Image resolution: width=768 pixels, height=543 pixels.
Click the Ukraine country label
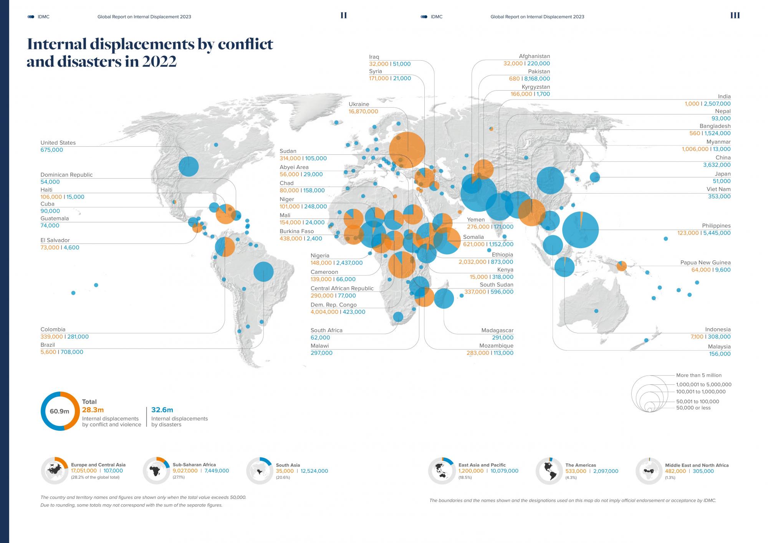[359, 104]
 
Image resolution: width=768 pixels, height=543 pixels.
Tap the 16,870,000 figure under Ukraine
[363, 111]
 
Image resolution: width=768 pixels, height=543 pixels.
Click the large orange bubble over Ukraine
[407, 150]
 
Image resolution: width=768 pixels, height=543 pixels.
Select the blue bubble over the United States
[189, 167]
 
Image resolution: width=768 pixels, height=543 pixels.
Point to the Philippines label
[716, 226]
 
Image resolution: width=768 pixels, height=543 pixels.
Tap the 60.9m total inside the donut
[60, 411]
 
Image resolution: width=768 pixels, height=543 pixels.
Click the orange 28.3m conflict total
[93, 410]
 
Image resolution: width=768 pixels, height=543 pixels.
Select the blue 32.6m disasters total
[162, 410]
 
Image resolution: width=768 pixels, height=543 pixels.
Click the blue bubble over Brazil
[263, 271]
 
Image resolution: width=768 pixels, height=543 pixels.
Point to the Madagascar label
[497, 330]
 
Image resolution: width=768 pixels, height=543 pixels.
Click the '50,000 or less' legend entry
[693, 408]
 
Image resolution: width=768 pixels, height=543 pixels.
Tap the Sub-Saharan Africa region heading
[194, 465]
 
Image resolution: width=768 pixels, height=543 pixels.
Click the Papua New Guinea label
[705, 263]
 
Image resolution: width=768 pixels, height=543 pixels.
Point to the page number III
[735, 15]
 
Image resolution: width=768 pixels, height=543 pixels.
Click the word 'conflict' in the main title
[245, 44]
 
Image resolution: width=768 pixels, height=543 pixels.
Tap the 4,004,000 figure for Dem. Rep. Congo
[324, 312]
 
